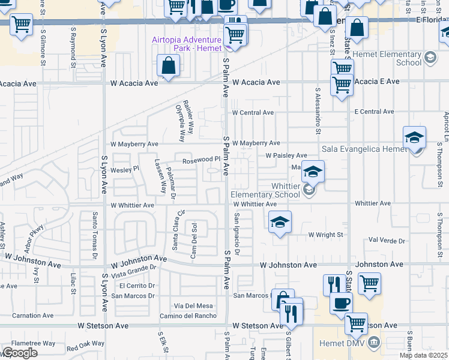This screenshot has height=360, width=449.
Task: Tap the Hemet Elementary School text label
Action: [393, 58]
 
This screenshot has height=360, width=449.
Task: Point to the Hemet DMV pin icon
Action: [375, 343]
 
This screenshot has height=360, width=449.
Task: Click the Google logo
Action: [20, 353]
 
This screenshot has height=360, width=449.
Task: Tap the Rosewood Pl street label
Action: [197, 160]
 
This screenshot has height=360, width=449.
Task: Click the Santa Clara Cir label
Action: [176, 230]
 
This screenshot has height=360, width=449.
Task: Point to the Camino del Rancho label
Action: [188, 316]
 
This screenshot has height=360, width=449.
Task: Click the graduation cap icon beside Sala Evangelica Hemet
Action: [415, 137]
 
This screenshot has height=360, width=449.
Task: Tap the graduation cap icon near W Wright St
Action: [280, 222]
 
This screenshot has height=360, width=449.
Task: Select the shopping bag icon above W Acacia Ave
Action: [169, 65]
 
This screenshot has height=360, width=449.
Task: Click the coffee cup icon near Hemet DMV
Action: [342, 302]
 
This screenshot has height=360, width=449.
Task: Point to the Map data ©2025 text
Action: [424, 355]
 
